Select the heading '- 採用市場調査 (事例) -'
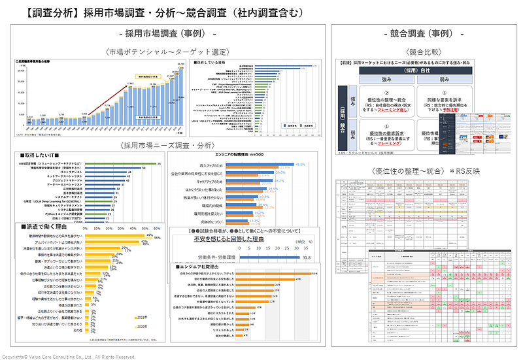pyautogui.click(x=168, y=33)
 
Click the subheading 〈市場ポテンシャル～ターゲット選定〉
pyautogui.click(x=169, y=51)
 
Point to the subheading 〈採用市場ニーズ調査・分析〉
pyautogui.click(x=168, y=144)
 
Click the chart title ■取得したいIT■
pyautogui.click(x=40, y=157)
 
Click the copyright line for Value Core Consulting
pyautogui.click(x=69, y=357)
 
